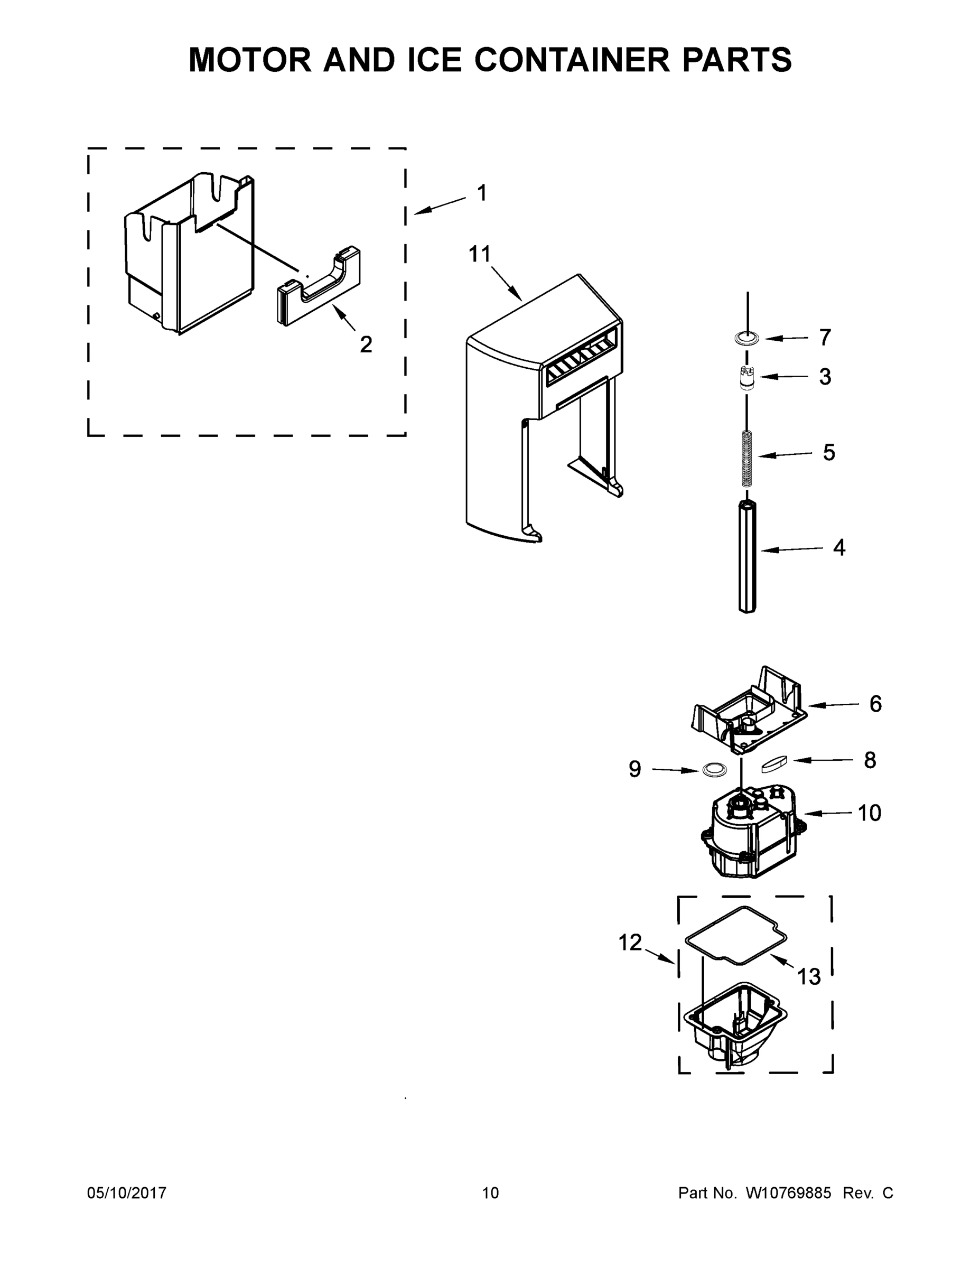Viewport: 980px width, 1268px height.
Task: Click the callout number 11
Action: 480,254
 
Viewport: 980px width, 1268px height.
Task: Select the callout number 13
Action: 809,977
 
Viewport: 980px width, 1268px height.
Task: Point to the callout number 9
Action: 634,769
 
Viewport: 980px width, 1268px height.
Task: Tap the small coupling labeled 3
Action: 747,378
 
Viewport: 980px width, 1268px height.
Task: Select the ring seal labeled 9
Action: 715,770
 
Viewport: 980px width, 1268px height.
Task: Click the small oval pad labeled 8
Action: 773,764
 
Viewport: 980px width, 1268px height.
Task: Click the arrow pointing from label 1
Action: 440,207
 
